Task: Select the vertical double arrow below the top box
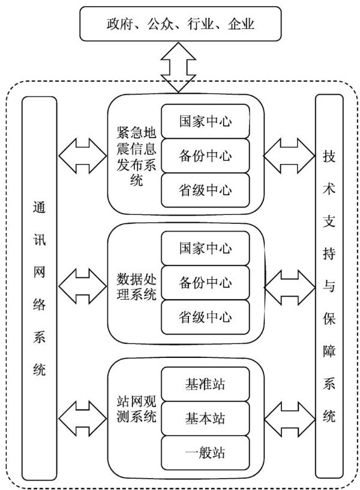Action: point(179,67)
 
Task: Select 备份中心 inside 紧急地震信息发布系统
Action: point(205,156)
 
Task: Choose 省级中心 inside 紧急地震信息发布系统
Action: point(205,190)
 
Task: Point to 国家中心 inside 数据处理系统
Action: point(205,247)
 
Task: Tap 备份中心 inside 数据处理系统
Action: point(205,282)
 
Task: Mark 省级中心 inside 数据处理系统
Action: point(205,316)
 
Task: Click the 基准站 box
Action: point(205,383)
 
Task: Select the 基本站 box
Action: point(205,416)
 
